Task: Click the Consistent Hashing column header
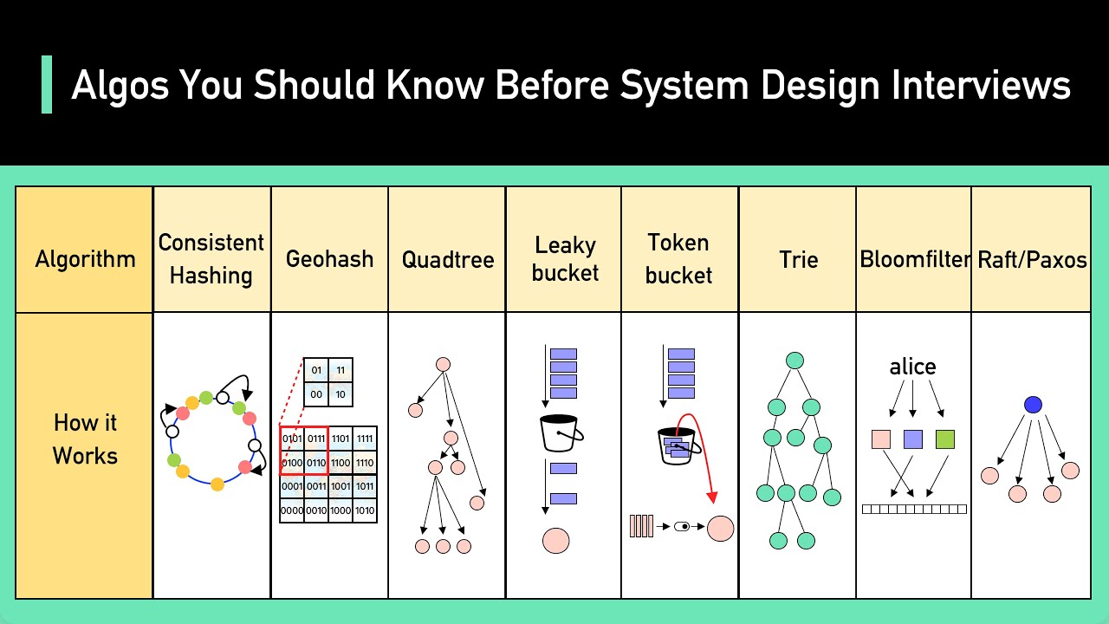[x=211, y=258]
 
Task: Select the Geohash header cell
[x=329, y=258]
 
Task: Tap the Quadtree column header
[x=447, y=259]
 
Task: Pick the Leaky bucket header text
[x=565, y=258]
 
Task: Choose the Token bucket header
[x=679, y=258]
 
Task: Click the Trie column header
[x=798, y=259]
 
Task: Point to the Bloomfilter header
[x=914, y=259]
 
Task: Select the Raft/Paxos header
[x=1031, y=259]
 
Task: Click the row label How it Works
[x=85, y=439]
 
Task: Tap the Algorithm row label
[x=85, y=259]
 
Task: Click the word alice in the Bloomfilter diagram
[x=912, y=367]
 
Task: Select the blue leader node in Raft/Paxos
[x=1033, y=405]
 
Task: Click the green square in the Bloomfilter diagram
[x=945, y=439]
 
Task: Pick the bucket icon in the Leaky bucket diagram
[x=561, y=432]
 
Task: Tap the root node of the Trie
[x=794, y=361]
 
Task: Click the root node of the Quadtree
[x=443, y=365]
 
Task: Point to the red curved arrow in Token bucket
[x=704, y=451]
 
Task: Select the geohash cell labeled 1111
[x=365, y=439]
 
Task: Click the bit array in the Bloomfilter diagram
[x=914, y=510]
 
